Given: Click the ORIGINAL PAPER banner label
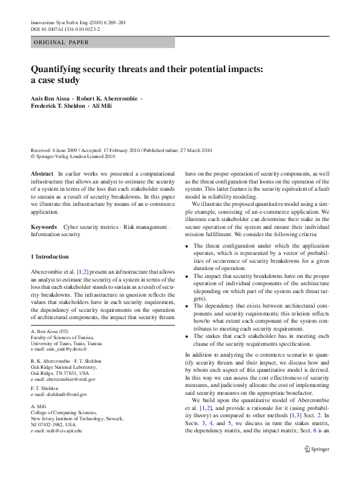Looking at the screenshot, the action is pyautogui.click(x=61, y=42).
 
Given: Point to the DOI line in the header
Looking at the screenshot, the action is pyautogui.click(x=65, y=28).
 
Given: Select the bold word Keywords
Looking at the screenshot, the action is pyautogui.click(x=44, y=227).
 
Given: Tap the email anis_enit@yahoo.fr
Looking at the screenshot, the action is pyautogui.click(x=57, y=349).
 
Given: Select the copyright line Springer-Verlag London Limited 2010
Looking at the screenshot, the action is pyautogui.click(x=71, y=156).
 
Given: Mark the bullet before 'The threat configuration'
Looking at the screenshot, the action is pyautogui.click(x=186, y=246).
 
